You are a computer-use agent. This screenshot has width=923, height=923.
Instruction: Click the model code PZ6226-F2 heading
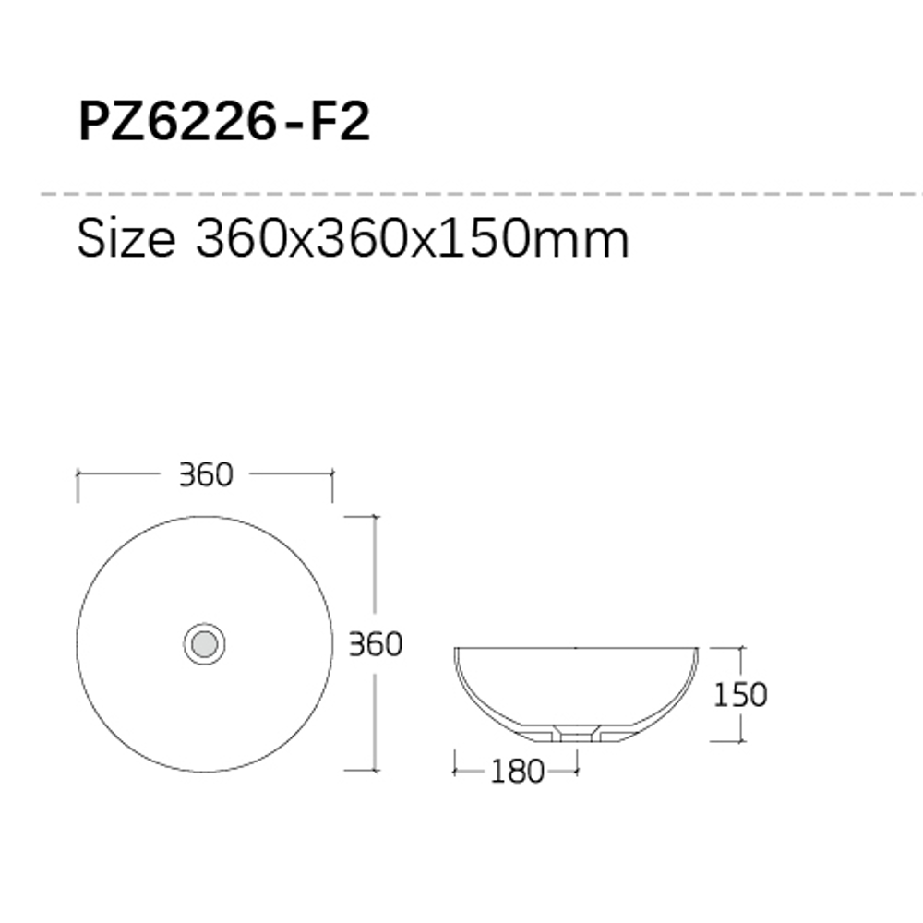click(x=224, y=123)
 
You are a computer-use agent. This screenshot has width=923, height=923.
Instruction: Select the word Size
click(x=126, y=239)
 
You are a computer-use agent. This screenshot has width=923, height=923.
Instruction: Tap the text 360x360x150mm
click(x=412, y=239)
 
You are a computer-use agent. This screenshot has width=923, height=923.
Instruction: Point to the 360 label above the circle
click(x=205, y=474)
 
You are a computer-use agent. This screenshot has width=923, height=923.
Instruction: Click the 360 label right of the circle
click(x=375, y=643)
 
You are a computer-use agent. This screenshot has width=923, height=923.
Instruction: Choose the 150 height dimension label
click(x=739, y=694)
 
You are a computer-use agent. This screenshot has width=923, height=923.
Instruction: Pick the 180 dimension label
click(x=517, y=771)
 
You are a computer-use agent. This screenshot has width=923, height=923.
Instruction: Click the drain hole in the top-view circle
click(x=204, y=643)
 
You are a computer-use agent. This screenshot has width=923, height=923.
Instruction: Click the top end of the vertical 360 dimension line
click(x=374, y=517)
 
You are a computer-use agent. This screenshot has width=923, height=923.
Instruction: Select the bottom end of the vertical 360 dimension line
click(x=374, y=770)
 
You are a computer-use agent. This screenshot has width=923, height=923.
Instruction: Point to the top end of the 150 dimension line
click(x=740, y=648)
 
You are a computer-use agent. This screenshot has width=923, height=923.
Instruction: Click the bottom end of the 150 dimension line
click(x=740, y=741)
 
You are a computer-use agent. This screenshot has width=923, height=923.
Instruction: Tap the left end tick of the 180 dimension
click(x=455, y=761)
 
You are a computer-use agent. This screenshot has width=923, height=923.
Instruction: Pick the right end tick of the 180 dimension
click(x=577, y=761)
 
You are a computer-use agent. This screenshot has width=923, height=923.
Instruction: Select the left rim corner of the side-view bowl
click(x=456, y=650)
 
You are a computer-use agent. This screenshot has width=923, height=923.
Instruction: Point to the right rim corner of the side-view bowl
click(x=697, y=650)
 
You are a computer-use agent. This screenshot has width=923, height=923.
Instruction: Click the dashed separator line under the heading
click(x=461, y=195)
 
